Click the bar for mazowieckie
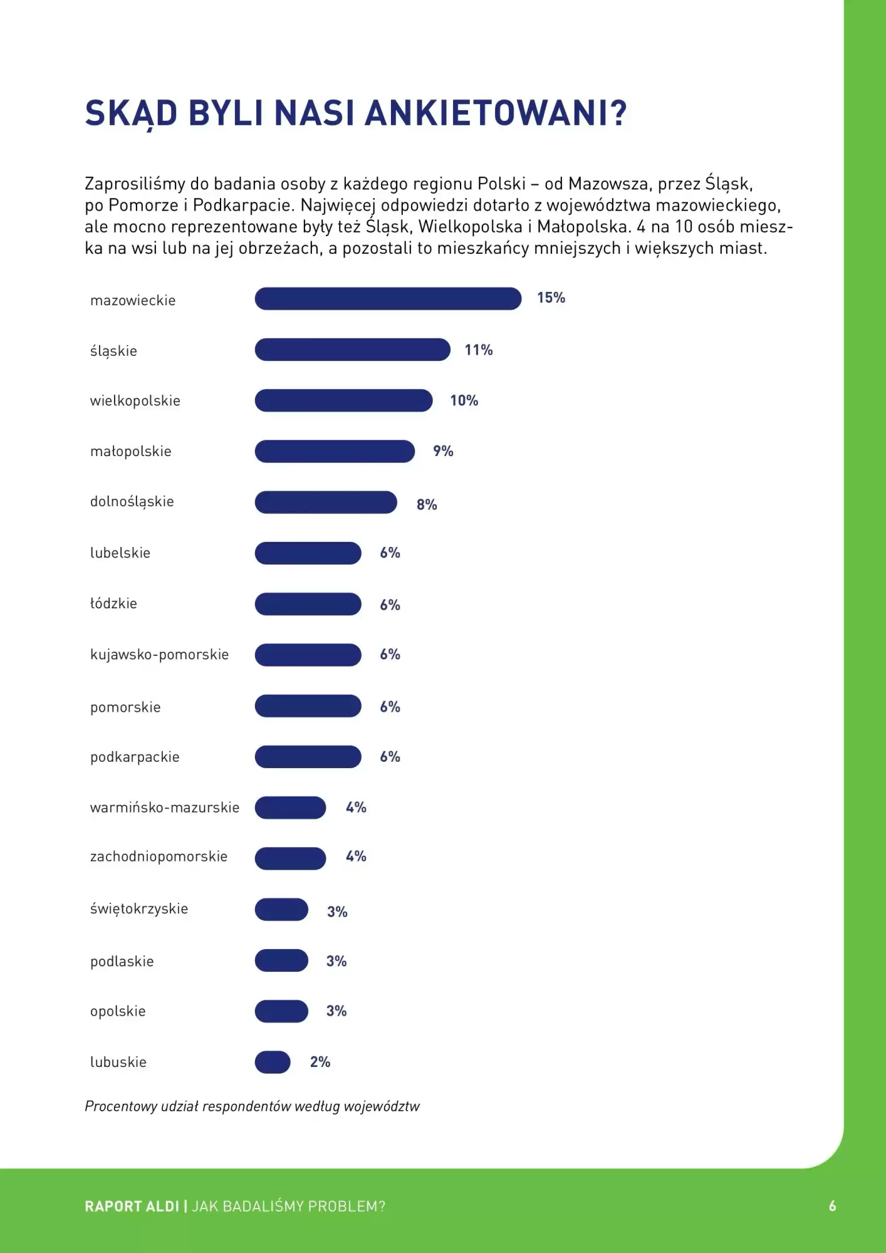click(388, 299)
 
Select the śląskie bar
click(352, 350)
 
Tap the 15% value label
click(551, 298)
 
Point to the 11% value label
click(478, 350)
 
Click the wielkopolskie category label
click(135, 401)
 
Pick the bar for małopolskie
click(335, 451)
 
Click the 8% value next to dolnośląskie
click(427, 504)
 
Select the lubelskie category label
click(120, 553)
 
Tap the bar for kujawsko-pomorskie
click(308, 655)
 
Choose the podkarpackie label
click(135, 757)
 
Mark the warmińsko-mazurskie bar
click(290, 808)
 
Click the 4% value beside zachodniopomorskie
click(356, 856)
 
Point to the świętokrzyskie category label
click(139, 908)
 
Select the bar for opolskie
click(281, 1011)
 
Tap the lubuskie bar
click(273, 1062)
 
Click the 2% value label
click(320, 1062)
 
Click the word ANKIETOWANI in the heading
click(495, 113)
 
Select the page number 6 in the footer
click(832, 1206)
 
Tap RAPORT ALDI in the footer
click(132, 1206)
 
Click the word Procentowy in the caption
click(121, 1106)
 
